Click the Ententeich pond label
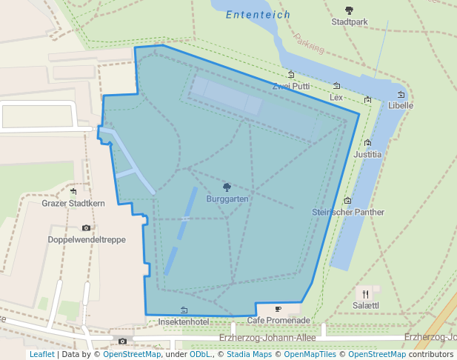(258, 14)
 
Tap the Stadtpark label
(350, 22)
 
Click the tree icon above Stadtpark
(350, 10)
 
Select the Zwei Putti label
(291, 86)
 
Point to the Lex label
(336, 97)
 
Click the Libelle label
(401, 105)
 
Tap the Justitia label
(367, 155)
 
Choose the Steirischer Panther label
(348, 212)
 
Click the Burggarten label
(227, 199)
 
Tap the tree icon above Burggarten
(227, 187)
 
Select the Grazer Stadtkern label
(73, 203)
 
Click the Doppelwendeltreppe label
(87, 239)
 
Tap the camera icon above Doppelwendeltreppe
(87, 227)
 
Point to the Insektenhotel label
(184, 321)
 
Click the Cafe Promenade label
(278, 320)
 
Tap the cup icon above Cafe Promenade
(278, 309)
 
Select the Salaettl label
(366, 305)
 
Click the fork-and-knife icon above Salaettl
(366, 293)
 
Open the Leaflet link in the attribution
(42, 354)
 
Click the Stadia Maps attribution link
(249, 354)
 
